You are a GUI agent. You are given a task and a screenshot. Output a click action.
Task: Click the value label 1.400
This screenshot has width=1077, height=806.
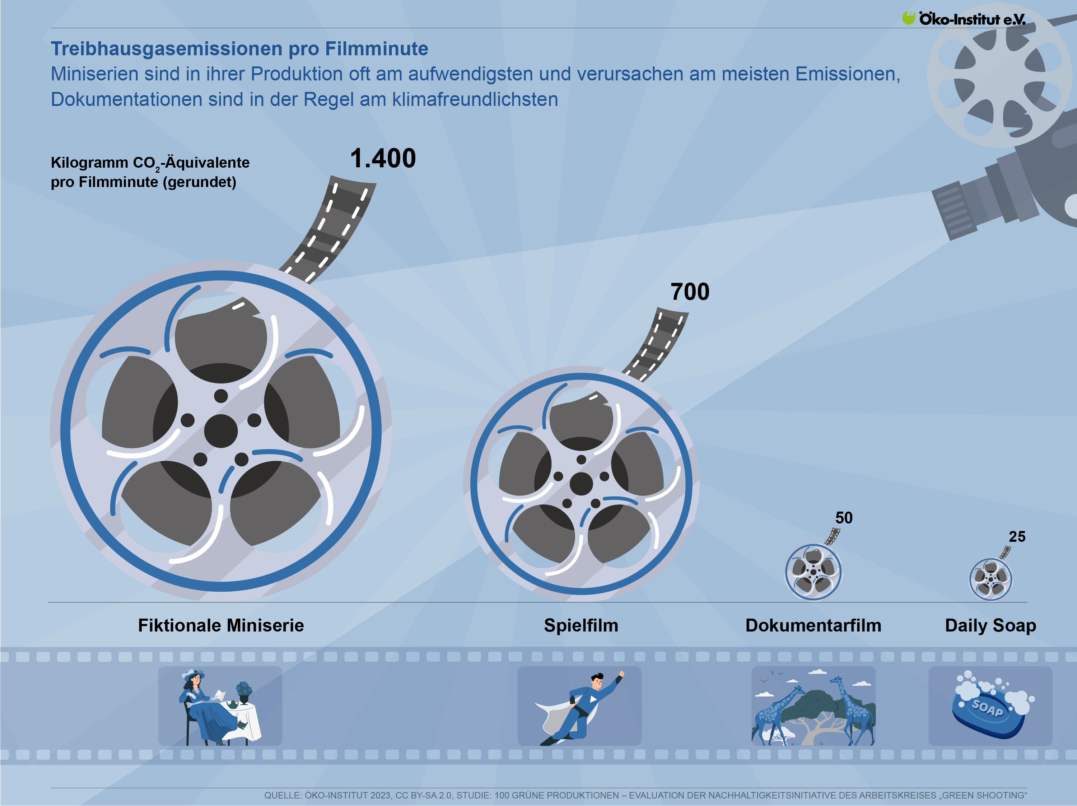tap(383, 158)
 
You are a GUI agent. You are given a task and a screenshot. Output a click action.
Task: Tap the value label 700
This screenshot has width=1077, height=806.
tap(690, 292)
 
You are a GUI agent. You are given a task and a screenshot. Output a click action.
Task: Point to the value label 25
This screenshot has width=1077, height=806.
tap(1017, 536)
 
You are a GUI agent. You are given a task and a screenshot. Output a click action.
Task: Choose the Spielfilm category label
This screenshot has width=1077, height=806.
tap(581, 625)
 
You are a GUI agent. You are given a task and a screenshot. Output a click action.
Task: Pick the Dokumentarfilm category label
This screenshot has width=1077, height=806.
tap(813, 625)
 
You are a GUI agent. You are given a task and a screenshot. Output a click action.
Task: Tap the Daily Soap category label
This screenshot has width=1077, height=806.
tap(990, 626)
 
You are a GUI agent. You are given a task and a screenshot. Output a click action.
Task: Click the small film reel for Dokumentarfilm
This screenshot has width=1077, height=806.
tap(813, 572)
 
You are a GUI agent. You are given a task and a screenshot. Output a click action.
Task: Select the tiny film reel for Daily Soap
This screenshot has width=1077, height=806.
tap(990, 579)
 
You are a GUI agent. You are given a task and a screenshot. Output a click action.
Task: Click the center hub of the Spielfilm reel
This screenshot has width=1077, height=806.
tap(581, 484)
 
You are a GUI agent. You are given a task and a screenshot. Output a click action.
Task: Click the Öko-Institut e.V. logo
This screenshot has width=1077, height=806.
tap(964, 19)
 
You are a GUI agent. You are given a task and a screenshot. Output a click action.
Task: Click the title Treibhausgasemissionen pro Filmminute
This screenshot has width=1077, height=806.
tap(239, 49)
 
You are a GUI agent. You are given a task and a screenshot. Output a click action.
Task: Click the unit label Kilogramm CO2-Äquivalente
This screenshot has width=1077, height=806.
tap(150, 163)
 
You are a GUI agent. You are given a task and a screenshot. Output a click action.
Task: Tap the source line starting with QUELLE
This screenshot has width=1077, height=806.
tap(645, 795)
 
